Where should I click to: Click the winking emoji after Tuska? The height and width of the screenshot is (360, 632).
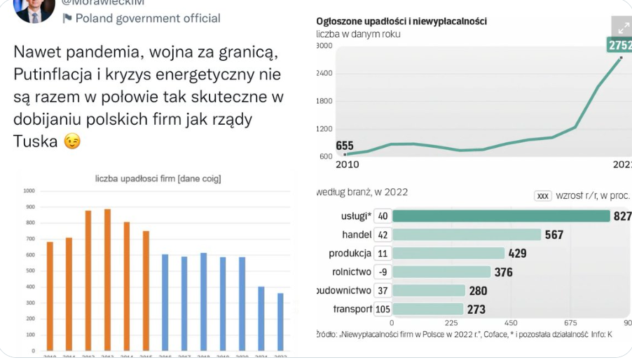[71, 141]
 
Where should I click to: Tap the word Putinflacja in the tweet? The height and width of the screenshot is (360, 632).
[53, 74]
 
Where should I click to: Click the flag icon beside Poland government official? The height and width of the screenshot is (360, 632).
[68, 18]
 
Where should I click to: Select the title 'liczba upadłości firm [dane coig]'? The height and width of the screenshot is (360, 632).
[158, 179]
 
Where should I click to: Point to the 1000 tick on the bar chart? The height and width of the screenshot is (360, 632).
[29, 191]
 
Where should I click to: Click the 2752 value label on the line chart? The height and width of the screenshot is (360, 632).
[619, 45]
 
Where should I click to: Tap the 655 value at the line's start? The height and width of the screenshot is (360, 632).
[345, 146]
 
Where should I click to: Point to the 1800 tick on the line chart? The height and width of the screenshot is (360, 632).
[324, 101]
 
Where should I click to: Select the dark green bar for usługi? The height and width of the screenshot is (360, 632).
[501, 216]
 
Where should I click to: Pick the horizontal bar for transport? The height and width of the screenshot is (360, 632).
[428, 309]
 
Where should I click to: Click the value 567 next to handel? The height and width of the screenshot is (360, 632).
[554, 235]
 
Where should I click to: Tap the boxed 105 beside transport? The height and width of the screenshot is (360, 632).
[382, 309]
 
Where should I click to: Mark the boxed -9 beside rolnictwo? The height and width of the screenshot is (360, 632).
[382, 272]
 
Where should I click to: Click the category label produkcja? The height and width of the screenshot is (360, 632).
[350, 254]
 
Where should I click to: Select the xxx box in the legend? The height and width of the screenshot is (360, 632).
[543, 195]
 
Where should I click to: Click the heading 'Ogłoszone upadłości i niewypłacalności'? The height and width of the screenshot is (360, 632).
[401, 22]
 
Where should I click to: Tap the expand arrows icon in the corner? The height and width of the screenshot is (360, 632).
[623, 27]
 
